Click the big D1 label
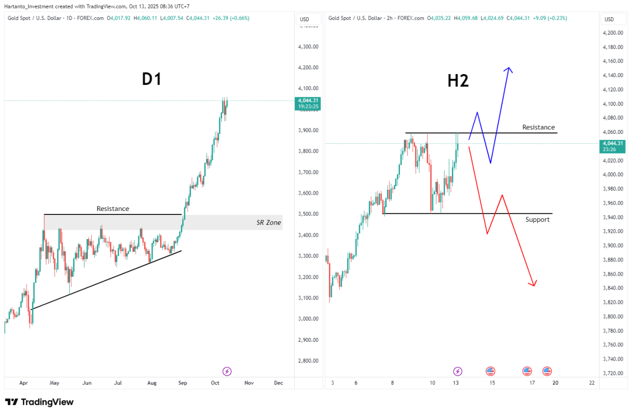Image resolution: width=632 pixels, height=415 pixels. pos(152,80)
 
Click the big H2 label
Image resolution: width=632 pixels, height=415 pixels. pos(458,81)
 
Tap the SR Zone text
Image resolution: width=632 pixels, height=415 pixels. pos(269,223)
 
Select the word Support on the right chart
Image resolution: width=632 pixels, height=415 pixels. pos(537,219)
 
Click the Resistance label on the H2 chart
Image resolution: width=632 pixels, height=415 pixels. pos(538,127)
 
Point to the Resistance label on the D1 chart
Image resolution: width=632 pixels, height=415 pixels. pos(113,209)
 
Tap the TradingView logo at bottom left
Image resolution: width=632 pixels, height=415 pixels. pos(39,402)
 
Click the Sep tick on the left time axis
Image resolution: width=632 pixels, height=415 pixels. pos(183,383)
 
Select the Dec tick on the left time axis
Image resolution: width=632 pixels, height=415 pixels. pos(278,383)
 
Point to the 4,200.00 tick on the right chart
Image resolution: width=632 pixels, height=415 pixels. pos(612,33)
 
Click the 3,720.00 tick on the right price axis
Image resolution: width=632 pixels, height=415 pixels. pos(612,373)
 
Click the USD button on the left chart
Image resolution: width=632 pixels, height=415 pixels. pos(304,19)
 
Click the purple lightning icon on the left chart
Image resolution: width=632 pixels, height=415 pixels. pos(227,371)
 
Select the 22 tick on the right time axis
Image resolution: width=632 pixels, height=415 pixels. pos(592,383)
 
